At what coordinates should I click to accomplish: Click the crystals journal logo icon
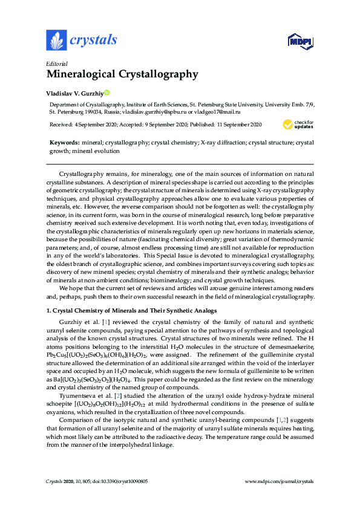tap(56, 41)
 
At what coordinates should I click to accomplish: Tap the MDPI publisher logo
tap(300, 42)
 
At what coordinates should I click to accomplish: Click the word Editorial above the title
tap(57, 63)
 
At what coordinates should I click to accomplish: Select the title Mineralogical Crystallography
tap(122, 75)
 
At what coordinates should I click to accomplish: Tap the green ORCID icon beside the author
tap(106, 93)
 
